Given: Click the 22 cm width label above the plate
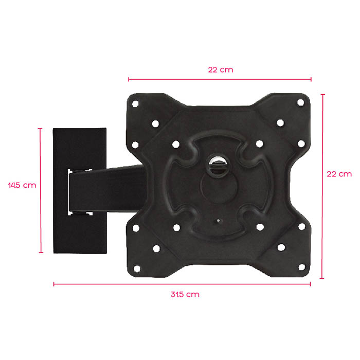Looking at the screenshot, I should pos(221,69).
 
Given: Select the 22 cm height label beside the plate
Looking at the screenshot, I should pos(339,174).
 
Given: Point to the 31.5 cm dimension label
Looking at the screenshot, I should pos(185,295).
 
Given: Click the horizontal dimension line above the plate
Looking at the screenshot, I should pos(220,80).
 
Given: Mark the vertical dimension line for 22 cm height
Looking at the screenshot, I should pos(322,186).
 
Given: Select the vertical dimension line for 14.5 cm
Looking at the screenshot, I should pos(40,190).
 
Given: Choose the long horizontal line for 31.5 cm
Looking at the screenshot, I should pos(182,283).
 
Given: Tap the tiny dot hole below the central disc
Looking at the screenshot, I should pos(218,222).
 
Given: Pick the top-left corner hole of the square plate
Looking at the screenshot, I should pos(135,103).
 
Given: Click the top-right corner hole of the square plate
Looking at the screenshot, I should pos(301,103).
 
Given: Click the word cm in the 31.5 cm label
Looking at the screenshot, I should pos(193,295).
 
